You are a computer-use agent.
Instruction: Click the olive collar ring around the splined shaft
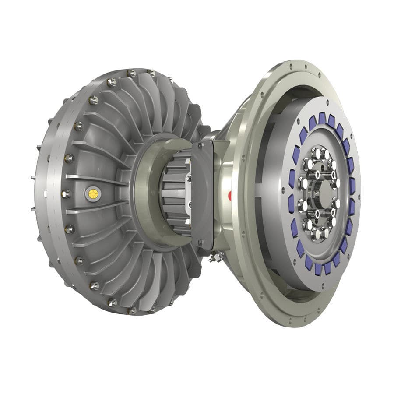(149, 193)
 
